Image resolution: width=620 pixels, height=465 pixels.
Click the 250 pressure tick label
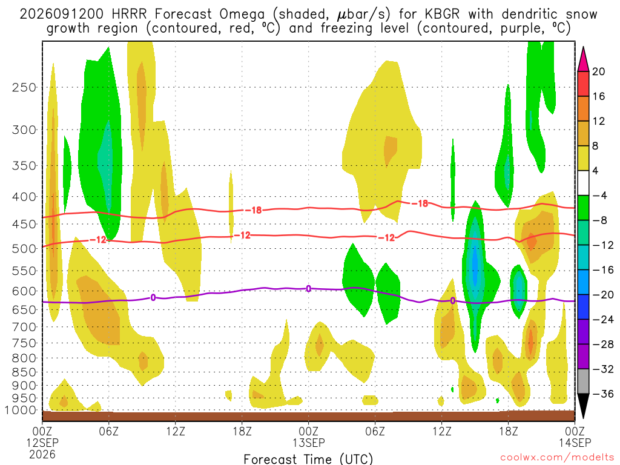(24, 87)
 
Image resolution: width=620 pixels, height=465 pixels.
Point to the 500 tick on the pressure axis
(24, 249)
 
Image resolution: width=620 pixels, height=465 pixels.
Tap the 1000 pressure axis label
(21, 411)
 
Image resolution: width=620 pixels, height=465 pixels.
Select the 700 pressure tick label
(24, 327)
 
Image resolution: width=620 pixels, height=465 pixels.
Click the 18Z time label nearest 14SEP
(508, 431)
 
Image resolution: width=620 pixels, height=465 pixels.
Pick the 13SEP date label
(308, 443)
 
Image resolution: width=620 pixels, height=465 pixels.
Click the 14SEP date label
(575, 443)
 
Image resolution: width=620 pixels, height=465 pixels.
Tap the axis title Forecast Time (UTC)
(308, 459)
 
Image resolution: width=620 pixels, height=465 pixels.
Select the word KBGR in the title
(443, 15)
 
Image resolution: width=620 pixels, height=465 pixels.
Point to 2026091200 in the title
(62, 15)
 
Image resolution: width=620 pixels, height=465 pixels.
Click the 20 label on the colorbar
(598, 71)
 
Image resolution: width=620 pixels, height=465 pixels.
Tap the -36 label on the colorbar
(603, 394)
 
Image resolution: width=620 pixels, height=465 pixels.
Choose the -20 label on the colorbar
(603, 295)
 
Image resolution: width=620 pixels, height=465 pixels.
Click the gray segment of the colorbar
(583, 381)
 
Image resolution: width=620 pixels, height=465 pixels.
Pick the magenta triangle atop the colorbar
(583, 59)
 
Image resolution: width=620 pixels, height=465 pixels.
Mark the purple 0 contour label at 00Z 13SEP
(308, 289)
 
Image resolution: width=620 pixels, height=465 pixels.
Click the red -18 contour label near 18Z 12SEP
(254, 210)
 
